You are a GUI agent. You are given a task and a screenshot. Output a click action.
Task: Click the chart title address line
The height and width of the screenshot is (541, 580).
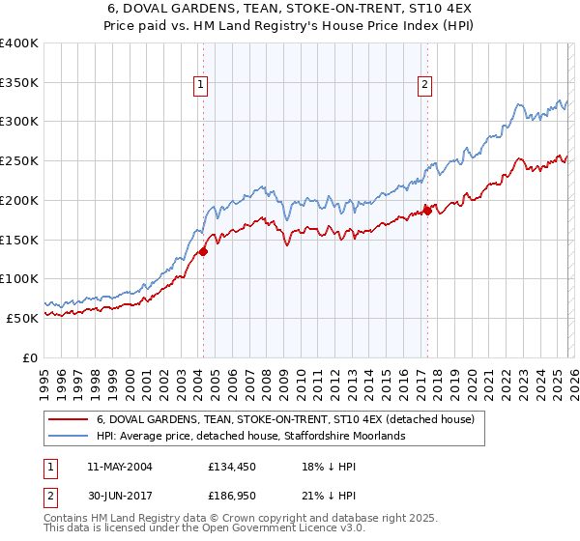tap(290, 9)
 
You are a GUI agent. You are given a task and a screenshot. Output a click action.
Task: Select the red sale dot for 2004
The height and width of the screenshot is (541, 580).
tap(203, 252)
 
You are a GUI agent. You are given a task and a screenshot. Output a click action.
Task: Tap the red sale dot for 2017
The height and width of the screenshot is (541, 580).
tap(427, 211)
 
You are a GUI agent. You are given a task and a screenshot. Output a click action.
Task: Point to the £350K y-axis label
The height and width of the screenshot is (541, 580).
tap(19, 83)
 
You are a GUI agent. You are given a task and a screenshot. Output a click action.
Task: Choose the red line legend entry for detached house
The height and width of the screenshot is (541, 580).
tap(285, 420)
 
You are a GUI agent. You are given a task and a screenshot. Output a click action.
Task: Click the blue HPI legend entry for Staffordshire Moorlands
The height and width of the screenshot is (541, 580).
tap(250, 437)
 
